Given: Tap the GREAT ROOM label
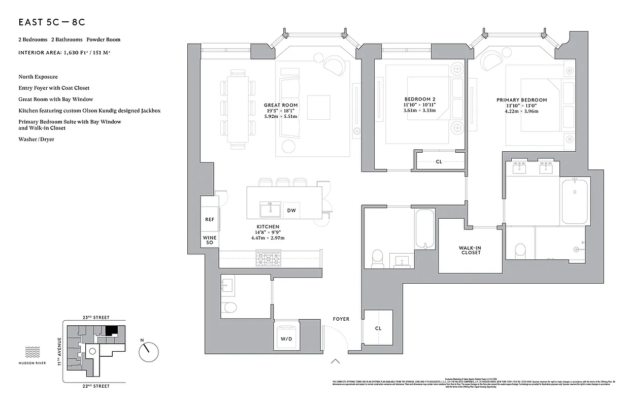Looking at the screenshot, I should click(x=281, y=105).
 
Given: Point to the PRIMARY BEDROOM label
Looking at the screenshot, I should click(x=521, y=100).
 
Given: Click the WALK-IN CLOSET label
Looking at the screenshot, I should click(x=470, y=250).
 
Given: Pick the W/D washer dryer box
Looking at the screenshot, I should click(x=286, y=339).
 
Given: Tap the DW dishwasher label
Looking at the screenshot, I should click(x=291, y=210).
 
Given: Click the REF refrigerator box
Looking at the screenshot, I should click(x=209, y=220).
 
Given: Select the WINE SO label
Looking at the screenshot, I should click(x=209, y=240).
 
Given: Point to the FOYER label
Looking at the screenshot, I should click(x=341, y=319).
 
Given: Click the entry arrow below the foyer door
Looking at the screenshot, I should click(x=335, y=361).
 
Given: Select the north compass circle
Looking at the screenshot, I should click(x=148, y=351).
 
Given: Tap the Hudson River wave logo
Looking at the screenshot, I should click(x=32, y=351).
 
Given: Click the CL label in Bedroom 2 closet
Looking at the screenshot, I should click(x=439, y=162).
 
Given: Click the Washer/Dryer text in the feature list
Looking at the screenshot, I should click(x=36, y=139).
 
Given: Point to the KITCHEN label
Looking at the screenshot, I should click(x=268, y=227).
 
